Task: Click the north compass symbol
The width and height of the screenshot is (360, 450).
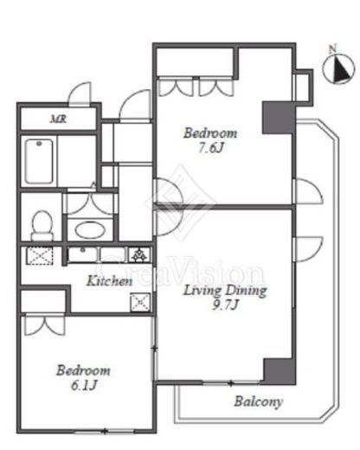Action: click(x=338, y=67)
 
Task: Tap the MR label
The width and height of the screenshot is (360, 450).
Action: click(x=59, y=119)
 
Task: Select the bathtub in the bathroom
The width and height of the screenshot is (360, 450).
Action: click(x=39, y=161)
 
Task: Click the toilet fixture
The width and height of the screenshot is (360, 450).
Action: click(x=42, y=226)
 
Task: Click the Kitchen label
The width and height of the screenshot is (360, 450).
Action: click(x=110, y=280)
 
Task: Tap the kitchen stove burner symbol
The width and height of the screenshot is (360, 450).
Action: click(x=140, y=255)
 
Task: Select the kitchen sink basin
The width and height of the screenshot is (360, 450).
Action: click(x=83, y=254)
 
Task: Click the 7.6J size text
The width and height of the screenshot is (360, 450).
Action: click(x=211, y=148)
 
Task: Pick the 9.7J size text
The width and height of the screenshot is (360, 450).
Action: click(x=225, y=305)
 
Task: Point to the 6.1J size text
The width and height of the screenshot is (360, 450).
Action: click(x=84, y=385)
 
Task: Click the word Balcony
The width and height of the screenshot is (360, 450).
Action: click(x=258, y=402)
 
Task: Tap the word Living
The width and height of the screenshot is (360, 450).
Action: click(x=202, y=291)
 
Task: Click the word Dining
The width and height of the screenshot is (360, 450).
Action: click(x=246, y=291)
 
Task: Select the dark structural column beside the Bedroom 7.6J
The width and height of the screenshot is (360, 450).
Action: click(x=279, y=118)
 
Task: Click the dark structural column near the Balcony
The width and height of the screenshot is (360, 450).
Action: click(x=280, y=371)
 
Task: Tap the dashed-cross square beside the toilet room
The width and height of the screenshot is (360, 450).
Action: click(x=40, y=255)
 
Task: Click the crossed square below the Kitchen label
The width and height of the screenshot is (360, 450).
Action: click(x=140, y=302)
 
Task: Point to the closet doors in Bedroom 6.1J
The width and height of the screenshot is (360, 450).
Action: click(x=45, y=325)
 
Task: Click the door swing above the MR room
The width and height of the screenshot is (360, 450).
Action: click(x=80, y=93)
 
